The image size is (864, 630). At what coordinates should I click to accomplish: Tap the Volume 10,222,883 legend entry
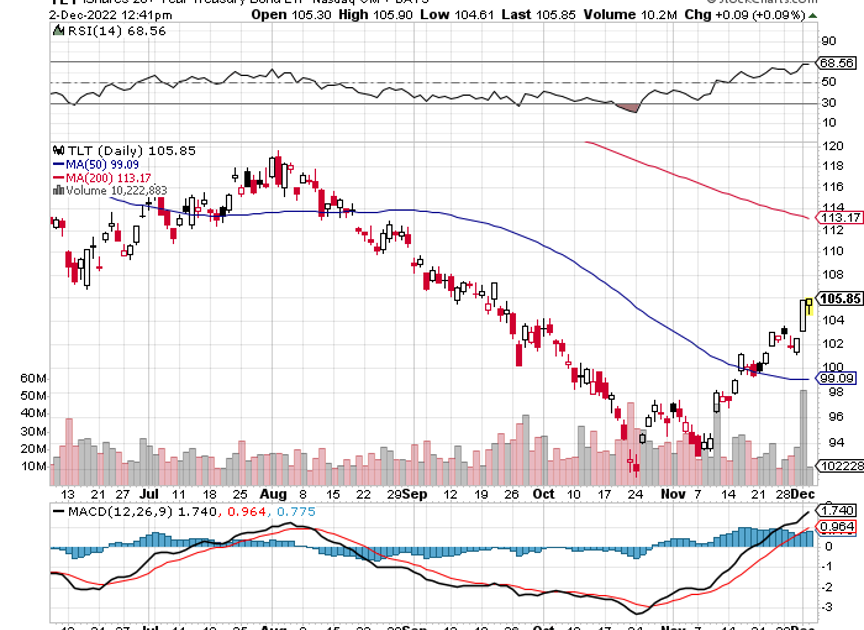(x=111, y=190)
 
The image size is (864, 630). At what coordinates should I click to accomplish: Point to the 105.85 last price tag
(x=839, y=298)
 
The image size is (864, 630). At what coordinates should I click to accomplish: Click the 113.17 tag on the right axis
(x=839, y=217)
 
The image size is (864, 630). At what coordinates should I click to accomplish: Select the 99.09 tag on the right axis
(x=839, y=379)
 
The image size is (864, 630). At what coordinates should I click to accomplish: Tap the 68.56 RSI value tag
(x=838, y=62)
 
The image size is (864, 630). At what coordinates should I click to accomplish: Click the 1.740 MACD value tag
(x=838, y=510)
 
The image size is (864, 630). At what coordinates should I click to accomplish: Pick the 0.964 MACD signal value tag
(x=838, y=527)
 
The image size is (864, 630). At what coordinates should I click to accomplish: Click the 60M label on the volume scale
(x=34, y=379)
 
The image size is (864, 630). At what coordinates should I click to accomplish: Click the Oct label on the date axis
(x=543, y=494)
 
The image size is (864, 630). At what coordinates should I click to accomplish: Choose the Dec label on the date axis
(x=803, y=494)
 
